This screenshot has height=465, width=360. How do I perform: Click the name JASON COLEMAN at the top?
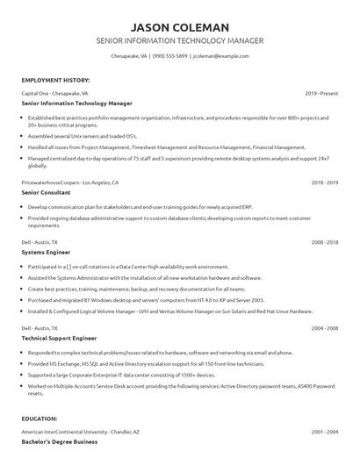tap(179, 25)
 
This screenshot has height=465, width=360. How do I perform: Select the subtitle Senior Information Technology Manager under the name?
tap(179, 41)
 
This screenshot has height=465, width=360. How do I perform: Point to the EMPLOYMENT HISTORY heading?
tap(54, 80)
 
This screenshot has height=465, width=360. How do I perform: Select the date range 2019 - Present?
tap(321, 93)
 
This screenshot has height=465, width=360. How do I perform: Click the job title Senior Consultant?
tap(47, 192)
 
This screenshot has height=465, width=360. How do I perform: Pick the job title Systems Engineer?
tap(47, 252)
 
